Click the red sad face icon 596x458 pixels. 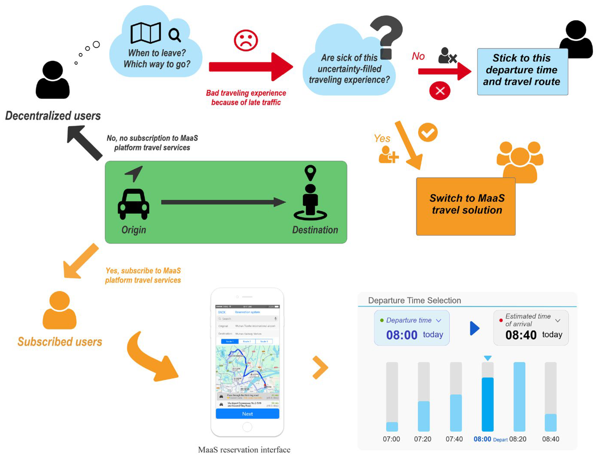click(245, 40)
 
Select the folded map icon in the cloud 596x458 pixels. click(145, 33)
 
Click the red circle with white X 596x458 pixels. click(439, 90)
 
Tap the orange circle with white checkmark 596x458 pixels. click(428, 133)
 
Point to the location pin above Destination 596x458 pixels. click(310, 172)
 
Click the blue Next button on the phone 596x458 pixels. click(247, 414)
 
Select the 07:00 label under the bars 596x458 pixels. click(391, 439)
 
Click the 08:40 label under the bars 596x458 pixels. click(550, 439)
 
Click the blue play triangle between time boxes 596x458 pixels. click(474, 328)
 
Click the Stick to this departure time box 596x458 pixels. click(522, 71)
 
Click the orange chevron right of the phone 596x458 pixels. click(321, 368)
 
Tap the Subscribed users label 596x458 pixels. click(60, 342)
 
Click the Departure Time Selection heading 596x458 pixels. click(414, 300)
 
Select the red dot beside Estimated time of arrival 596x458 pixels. click(501, 320)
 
